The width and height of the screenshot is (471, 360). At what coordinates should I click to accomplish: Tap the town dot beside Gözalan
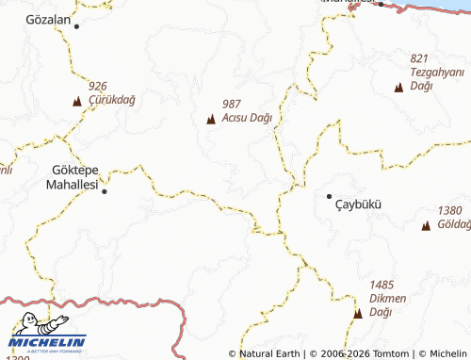(77, 26)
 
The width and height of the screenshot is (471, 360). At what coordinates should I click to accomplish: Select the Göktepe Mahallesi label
(72, 178)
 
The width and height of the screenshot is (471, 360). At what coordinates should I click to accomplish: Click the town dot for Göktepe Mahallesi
(105, 191)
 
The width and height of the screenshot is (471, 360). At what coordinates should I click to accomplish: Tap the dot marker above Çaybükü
(329, 196)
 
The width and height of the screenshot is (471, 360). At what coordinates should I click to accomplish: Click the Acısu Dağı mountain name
(248, 119)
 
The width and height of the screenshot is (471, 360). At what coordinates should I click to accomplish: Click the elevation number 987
(234, 105)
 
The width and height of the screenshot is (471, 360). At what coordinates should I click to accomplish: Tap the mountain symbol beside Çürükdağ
(76, 100)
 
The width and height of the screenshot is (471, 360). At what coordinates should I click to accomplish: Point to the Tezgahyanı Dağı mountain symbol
(398, 87)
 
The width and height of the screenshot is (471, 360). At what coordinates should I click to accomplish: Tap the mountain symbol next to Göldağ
(426, 225)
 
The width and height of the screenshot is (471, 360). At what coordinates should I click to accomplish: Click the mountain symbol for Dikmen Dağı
(358, 312)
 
